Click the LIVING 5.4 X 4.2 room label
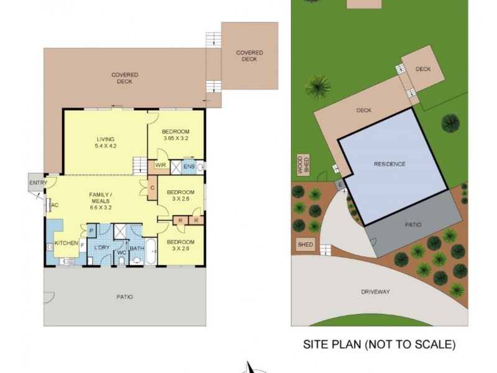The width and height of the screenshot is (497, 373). (x=106, y=142)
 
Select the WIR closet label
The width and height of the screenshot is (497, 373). (x=160, y=165)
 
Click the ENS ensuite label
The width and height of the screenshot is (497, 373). (x=189, y=166)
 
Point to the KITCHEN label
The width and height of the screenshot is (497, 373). (x=65, y=243)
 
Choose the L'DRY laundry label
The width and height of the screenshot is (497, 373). (x=102, y=248)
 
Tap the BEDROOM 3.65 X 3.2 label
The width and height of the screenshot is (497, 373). (x=175, y=135)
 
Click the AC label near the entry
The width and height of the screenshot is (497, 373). (x=55, y=206)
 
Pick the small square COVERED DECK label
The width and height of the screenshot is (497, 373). (x=249, y=56)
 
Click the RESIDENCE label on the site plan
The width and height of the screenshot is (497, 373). (x=390, y=164)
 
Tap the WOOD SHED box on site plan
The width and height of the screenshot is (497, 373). (x=302, y=165)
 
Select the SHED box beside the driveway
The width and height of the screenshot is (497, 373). (x=305, y=244)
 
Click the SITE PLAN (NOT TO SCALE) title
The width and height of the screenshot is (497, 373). (x=379, y=343)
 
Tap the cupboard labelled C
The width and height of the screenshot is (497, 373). (x=152, y=187)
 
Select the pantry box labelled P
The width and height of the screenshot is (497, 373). (x=91, y=231)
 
